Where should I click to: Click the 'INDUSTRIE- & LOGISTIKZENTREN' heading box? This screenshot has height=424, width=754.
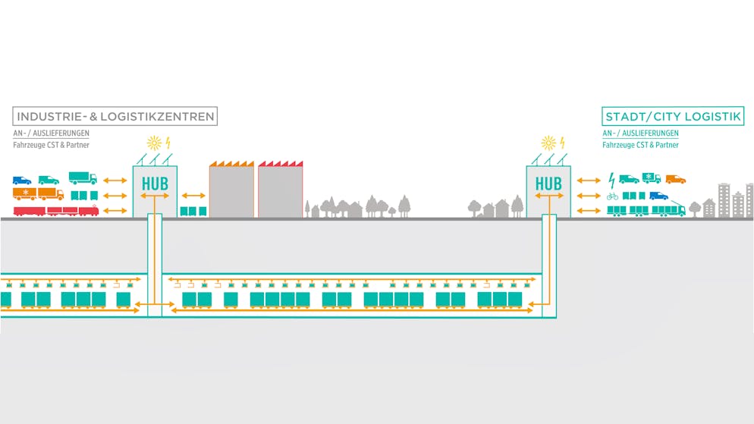[115, 116]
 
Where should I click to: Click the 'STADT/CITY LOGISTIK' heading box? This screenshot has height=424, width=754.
[673, 116]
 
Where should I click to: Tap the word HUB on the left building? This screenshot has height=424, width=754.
[155, 184]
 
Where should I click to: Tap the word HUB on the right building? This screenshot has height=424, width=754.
[548, 184]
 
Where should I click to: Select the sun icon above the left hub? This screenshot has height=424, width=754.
[154, 142]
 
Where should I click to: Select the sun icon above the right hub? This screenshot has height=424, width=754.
[548, 142]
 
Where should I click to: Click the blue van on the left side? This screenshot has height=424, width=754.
[22, 180]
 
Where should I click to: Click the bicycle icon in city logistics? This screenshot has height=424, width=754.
[612, 196]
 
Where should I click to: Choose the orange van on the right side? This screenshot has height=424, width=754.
[675, 179]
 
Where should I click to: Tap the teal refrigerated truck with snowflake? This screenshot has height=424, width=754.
[652, 178]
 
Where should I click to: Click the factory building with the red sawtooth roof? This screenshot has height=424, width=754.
[280, 190]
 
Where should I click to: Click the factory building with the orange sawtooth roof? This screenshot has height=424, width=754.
[231, 190]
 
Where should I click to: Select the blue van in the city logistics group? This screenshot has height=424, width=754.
[658, 196]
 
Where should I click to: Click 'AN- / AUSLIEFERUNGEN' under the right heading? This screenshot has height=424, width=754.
[640, 133]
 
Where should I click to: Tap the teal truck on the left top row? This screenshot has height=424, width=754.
[83, 178]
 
